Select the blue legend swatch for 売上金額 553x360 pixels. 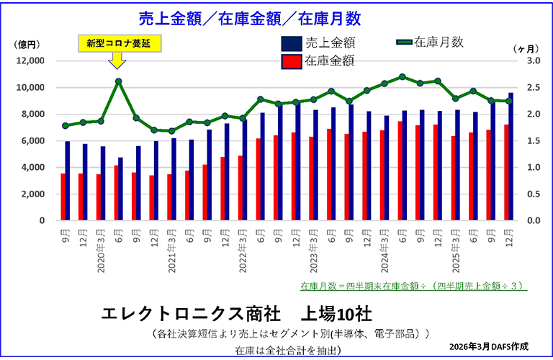291,43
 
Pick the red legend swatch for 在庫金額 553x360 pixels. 291,61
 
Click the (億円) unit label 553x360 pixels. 27,45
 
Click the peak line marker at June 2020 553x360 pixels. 118,81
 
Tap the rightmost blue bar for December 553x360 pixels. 511,156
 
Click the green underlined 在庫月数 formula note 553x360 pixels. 413,286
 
